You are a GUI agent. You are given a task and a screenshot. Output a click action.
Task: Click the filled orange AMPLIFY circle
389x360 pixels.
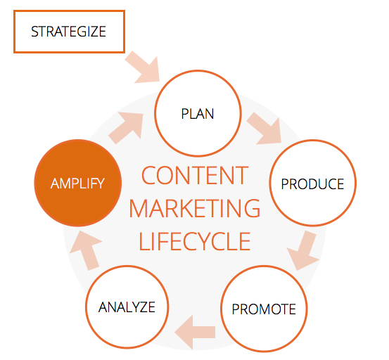[77, 183]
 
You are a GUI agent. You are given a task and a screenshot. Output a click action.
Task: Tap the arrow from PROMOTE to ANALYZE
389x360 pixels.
[195, 333]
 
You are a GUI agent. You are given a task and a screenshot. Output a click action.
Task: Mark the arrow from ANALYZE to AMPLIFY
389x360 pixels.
[86, 250]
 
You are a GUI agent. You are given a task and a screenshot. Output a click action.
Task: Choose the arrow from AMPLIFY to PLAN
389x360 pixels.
[127, 127]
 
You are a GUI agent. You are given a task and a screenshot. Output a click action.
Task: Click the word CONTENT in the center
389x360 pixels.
[195, 176]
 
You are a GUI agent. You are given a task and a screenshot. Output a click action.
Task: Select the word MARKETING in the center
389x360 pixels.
[195, 208]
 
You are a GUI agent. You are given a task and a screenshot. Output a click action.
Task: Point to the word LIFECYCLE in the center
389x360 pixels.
[195, 241]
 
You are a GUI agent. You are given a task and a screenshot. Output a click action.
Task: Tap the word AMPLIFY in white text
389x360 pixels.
[77, 184]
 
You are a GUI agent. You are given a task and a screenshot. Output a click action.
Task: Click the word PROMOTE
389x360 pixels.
[264, 309]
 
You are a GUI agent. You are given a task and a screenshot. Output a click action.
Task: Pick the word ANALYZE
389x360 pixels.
[127, 307]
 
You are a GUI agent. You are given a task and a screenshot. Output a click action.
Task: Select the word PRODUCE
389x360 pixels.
[312, 184]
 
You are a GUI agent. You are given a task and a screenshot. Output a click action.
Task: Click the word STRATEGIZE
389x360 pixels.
[69, 32]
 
